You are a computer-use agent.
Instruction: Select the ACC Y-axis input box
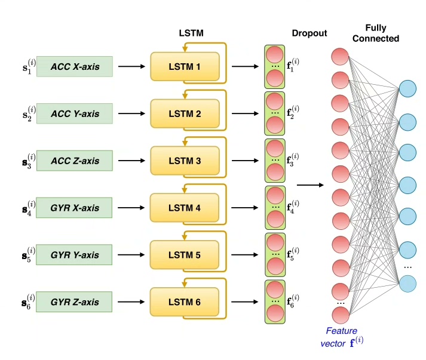75,113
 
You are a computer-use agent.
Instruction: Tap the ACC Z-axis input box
75,161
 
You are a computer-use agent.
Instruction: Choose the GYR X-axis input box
75,208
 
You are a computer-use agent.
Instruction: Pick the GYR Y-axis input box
75,256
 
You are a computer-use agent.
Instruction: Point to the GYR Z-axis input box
75,302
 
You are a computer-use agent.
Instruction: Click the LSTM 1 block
185,66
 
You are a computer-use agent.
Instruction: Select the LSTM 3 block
185,161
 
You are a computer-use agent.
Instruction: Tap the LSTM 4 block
185,208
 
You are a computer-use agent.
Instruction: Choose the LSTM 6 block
185,302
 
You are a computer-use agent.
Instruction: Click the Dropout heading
309,33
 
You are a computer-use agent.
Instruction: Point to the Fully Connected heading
383,33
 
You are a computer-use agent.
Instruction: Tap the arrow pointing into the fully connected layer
309,184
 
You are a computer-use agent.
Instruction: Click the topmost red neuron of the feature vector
340,57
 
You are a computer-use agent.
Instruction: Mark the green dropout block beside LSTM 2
275,113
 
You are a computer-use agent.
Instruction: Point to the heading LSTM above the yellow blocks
191,34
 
